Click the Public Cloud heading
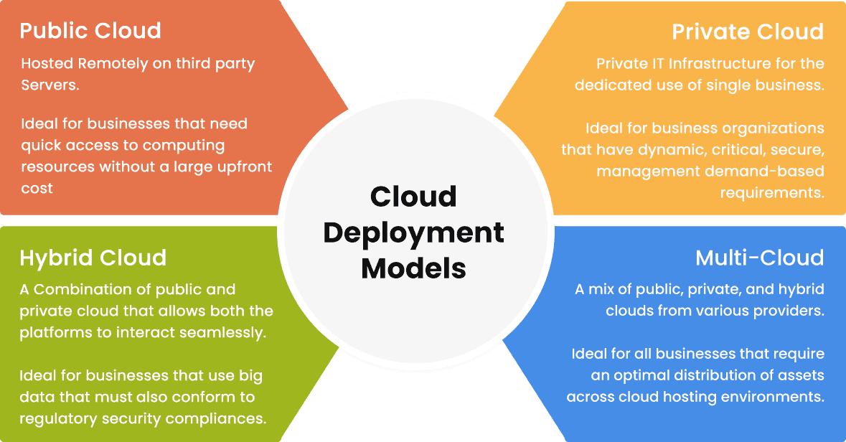(x=90, y=31)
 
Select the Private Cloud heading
(x=748, y=32)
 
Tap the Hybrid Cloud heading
(x=93, y=258)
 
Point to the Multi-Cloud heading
(x=760, y=258)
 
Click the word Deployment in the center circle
(x=413, y=232)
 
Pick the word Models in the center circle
(x=413, y=268)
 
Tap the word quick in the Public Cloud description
(x=42, y=146)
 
